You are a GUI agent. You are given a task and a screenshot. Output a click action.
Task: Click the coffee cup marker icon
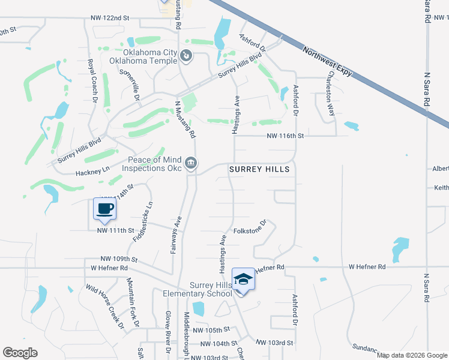[105, 209]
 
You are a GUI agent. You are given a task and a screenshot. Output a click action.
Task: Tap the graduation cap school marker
[243, 280]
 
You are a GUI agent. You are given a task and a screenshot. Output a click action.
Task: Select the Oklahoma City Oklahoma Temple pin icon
[187, 56]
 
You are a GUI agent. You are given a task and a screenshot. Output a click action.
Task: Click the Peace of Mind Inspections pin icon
[191, 163]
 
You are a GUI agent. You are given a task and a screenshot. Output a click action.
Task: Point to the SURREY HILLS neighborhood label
[260, 170]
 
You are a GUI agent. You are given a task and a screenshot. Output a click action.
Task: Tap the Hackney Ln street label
[92, 170]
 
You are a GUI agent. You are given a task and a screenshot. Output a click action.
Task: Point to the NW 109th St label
[119, 259]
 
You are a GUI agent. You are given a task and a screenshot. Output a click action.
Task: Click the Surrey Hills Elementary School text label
[197, 289]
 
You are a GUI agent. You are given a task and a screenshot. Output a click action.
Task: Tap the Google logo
[20, 352]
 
